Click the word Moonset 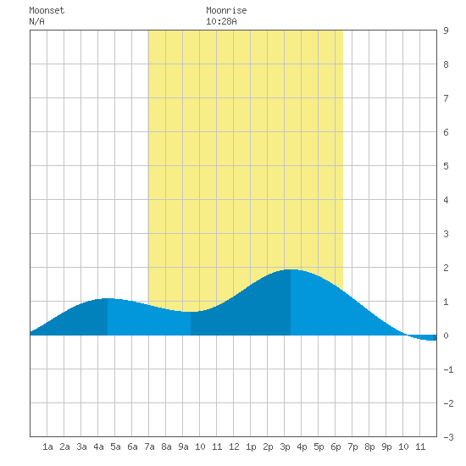click(47, 10)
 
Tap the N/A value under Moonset click(36, 21)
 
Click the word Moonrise click(226, 10)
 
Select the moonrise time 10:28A click(221, 21)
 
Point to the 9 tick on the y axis click(446, 31)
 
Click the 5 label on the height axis click(446, 166)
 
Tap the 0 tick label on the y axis click(446, 336)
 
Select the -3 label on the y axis click(448, 437)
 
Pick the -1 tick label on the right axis click(448, 369)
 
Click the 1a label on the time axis click(47, 447)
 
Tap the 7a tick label click(149, 447)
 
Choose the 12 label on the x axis click(234, 447)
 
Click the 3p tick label click(285, 447)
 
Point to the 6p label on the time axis click(336, 447)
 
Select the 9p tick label click(386, 447)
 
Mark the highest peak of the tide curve click(291, 269)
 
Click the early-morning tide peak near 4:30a click(108, 298)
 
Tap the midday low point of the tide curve click(191, 312)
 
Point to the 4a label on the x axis click(98, 447)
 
